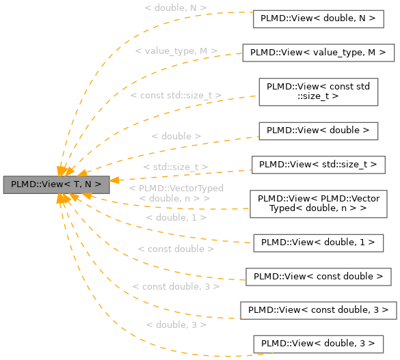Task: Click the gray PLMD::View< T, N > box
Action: [x=56, y=184]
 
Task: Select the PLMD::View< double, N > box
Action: [x=318, y=19]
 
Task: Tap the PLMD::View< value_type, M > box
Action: [x=318, y=53]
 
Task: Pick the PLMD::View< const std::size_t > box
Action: [x=318, y=92]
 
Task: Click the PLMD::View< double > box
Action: [x=318, y=130]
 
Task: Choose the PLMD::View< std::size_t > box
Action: [x=318, y=165]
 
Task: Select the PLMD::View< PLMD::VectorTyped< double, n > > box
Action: [x=318, y=203]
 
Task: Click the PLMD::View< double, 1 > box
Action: [x=318, y=242]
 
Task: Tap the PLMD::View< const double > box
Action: [x=318, y=276]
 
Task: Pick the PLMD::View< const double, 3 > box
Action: [x=318, y=309]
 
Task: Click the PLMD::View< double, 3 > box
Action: [x=318, y=343]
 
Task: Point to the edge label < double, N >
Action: [x=176, y=8]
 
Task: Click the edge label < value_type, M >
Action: [x=176, y=51]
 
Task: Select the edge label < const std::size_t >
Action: [x=176, y=96]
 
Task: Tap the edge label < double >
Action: [x=176, y=136]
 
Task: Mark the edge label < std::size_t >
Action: [x=176, y=167]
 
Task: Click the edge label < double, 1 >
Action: [x=176, y=217]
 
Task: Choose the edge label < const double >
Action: [x=176, y=249]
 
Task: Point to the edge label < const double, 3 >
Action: [x=176, y=287]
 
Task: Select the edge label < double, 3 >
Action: [x=176, y=325]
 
